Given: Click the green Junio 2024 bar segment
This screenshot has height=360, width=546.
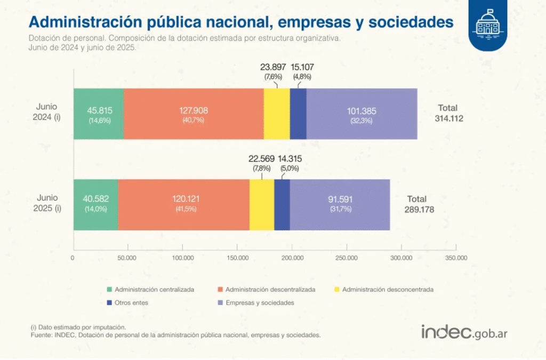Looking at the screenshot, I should [x=99, y=114].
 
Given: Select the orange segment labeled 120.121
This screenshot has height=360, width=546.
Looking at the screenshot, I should [x=183, y=204].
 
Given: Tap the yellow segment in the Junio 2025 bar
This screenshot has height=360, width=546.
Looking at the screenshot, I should [x=262, y=204].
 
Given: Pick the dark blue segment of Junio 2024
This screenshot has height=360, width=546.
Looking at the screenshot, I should [x=298, y=114].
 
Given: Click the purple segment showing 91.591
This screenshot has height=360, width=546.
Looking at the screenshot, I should [x=340, y=204].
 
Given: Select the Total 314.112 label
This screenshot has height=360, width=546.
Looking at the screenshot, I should [x=448, y=114].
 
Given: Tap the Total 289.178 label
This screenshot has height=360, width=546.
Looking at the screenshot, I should [x=419, y=205].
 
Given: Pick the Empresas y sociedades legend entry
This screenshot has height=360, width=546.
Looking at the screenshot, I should [x=260, y=302].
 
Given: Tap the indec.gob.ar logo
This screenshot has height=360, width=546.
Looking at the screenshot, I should [x=464, y=332].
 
